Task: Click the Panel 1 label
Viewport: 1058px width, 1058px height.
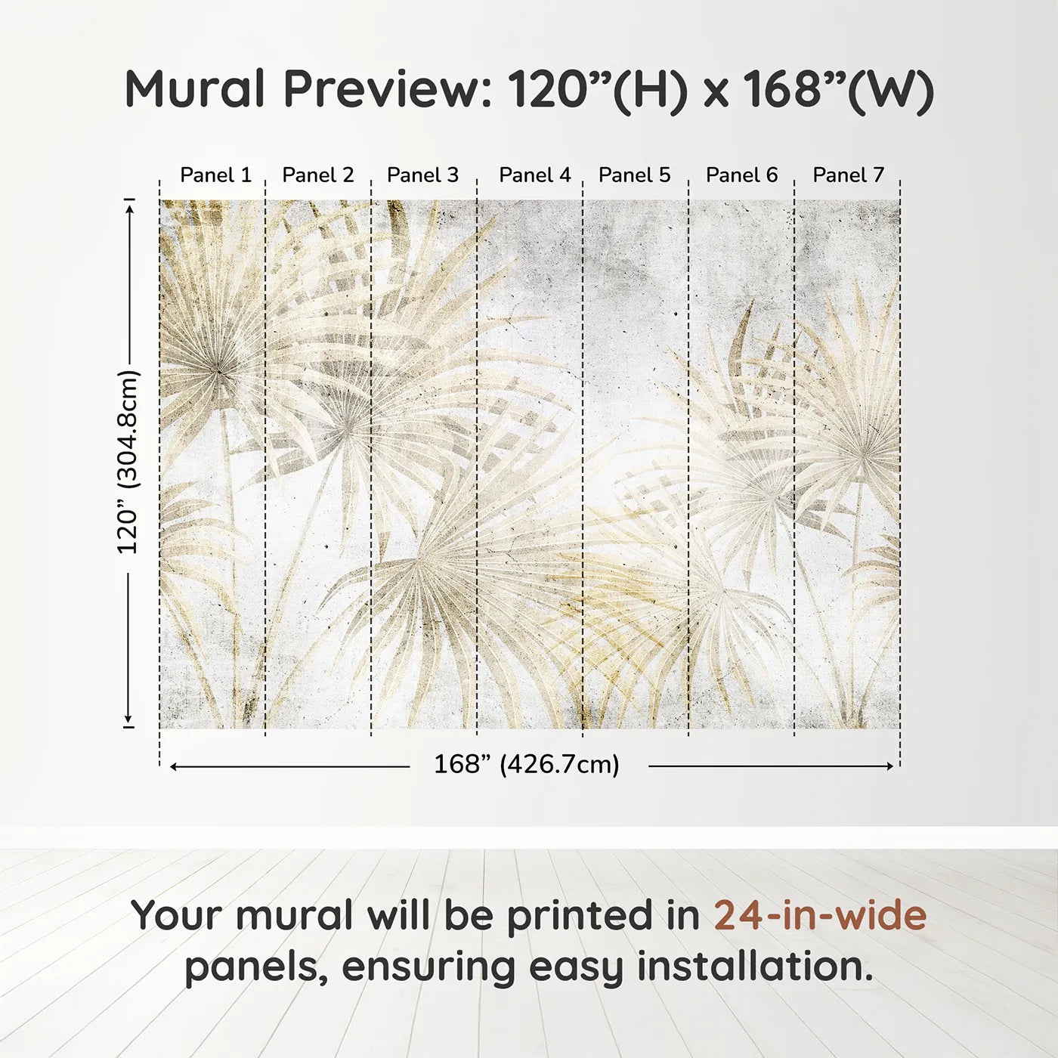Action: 216,175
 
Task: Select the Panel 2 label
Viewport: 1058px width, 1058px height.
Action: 318,175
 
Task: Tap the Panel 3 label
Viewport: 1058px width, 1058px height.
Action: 422,175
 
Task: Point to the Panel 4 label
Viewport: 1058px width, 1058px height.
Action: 535,175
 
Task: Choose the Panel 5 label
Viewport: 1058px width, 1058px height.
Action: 635,175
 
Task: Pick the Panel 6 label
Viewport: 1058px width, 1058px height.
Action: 742,175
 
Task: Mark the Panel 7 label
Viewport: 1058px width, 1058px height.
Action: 848,175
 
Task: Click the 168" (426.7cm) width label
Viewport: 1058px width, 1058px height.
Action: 527,764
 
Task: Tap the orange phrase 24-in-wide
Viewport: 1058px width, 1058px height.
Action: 820,914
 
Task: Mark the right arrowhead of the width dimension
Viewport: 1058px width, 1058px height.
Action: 890,766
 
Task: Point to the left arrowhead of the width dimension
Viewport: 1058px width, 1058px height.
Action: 174,766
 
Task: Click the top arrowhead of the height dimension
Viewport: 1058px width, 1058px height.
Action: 129,209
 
